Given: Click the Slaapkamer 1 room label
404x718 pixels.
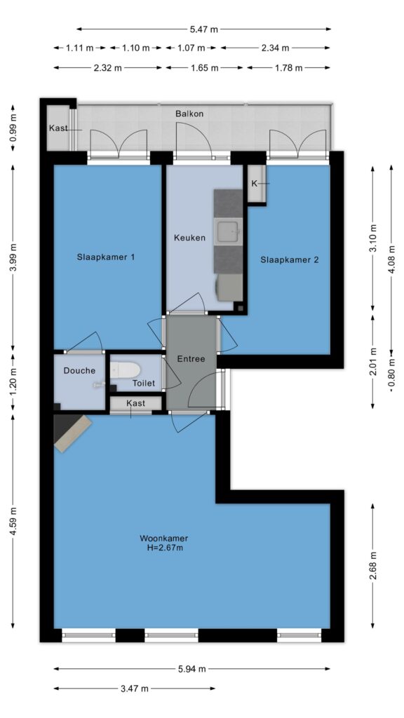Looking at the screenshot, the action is click(106, 257).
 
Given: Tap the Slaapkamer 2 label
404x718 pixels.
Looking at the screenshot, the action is click(290, 260).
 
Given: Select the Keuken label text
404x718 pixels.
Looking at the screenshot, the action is click(189, 238).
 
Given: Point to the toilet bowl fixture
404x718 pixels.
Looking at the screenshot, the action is click(125, 369).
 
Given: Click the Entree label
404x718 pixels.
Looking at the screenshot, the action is click(191, 359).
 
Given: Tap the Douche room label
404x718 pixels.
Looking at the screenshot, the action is click(80, 371).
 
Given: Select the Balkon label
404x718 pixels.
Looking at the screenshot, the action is click(189, 114).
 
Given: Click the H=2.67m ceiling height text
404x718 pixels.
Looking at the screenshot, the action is click(164, 548).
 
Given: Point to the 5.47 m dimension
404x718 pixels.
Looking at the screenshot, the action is click(204, 29).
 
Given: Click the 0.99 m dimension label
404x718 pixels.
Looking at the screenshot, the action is click(13, 128).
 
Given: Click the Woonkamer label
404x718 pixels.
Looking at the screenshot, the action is click(164, 538).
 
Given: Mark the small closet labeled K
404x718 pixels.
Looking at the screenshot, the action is click(257, 183).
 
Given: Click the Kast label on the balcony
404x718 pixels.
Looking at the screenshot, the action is click(58, 128).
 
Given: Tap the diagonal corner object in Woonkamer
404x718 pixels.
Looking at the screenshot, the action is click(72, 432).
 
